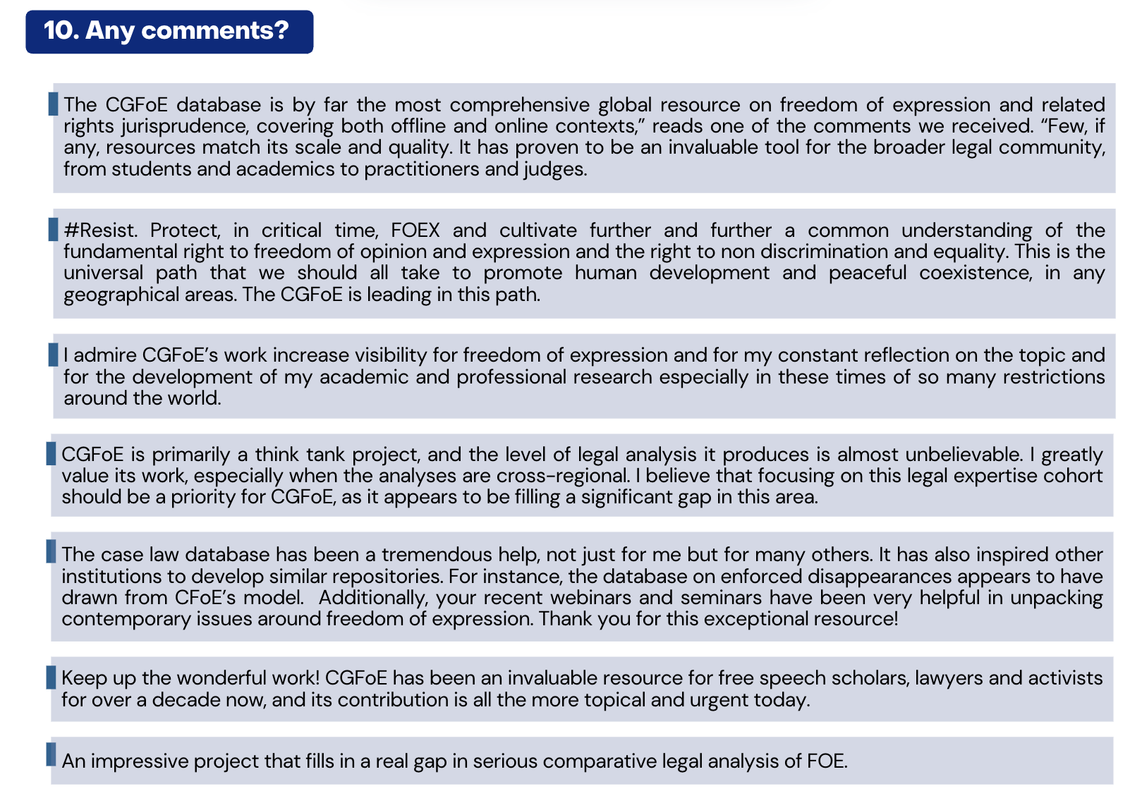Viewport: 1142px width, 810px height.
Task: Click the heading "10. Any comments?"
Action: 167,31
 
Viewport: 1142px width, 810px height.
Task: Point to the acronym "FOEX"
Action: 415,231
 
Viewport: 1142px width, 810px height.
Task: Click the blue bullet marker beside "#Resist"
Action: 53,229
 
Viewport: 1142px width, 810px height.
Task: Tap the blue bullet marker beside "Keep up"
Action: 51,677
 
